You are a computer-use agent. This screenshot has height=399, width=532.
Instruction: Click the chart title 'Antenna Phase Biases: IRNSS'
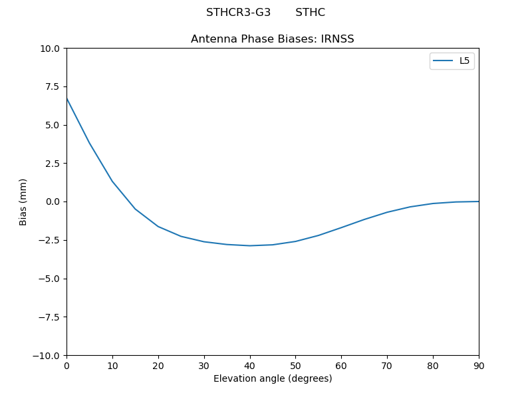[x=272, y=39]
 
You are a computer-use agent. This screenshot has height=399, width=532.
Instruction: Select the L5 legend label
[x=465, y=61]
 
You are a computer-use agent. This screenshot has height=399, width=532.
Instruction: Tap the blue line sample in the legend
[x=443, y=61]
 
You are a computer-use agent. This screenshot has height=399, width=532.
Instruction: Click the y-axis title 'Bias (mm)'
[x=23, y=201]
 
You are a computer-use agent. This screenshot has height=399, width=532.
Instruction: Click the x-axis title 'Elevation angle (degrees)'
[x=272, y=378]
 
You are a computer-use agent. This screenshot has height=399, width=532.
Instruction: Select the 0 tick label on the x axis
[x=66, y=365]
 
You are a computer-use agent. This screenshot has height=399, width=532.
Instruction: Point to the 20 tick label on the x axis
[x=158, y=365]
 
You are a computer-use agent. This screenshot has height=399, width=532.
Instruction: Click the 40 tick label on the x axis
[x=250, y=365]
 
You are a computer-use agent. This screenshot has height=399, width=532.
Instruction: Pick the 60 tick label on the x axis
[x=341, y=365]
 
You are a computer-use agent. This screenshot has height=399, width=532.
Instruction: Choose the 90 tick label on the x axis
[x=478, y=365]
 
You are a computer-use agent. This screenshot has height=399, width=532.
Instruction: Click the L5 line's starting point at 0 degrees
[x=66, y=98]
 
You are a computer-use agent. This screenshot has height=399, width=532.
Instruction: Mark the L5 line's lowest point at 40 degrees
[x=250, y=245]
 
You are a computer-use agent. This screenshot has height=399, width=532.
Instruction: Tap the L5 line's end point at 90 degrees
[x=478, y=201]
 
